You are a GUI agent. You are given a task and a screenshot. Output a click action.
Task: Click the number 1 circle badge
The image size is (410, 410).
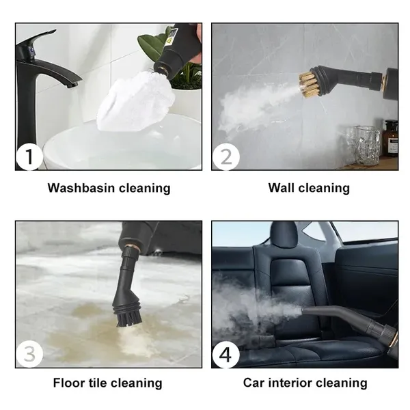tap(29, 157)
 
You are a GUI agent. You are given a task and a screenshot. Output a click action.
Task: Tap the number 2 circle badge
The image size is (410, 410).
tap(225, 157)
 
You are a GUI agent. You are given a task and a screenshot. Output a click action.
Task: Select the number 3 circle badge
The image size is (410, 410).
tap(29, 355)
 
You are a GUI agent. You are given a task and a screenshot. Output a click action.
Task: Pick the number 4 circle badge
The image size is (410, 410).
tap(225, 355)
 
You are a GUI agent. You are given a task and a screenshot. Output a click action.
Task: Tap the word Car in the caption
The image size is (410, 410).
tap(255, 383)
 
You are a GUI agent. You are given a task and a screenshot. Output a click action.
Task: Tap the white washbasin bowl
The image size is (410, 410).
tap(123, 147)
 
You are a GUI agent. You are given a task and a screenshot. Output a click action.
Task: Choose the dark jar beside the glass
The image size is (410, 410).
tap(389, 139)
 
